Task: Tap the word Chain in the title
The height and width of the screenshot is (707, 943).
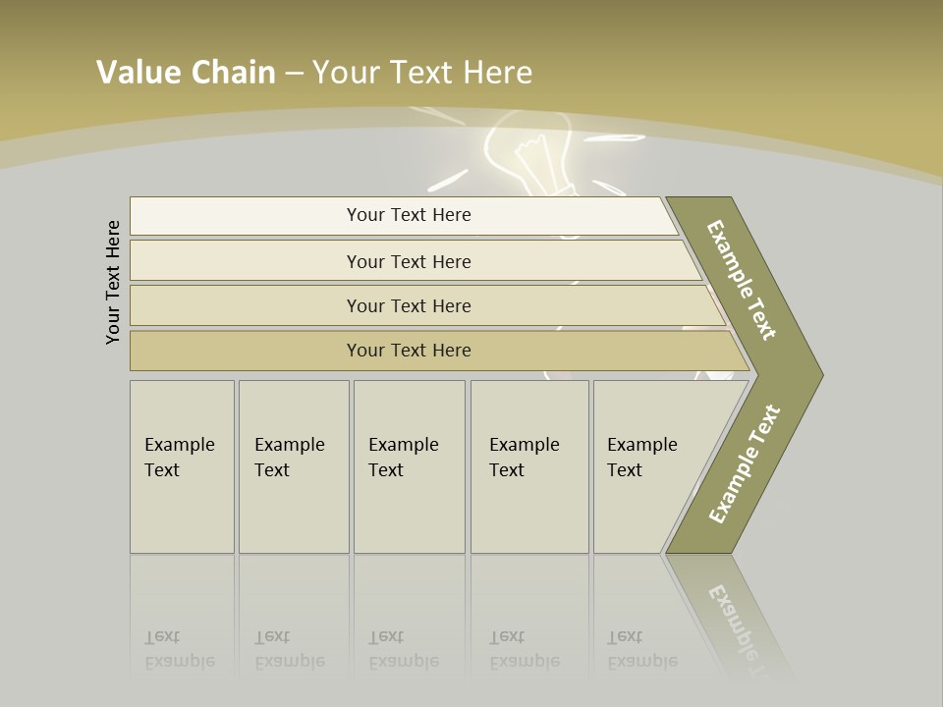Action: (232, 72)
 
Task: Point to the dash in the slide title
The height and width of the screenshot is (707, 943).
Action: (294, 74)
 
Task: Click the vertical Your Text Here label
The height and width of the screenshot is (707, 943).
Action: (113, 282)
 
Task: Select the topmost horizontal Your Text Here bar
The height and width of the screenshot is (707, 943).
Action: (408, 215)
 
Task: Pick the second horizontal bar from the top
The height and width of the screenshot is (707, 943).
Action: (408, 261)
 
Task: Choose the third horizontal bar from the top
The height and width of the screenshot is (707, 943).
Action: (408, 305)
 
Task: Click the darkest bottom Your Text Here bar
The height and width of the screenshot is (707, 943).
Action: (408, 351)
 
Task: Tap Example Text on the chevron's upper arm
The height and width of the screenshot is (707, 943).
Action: (742, 281)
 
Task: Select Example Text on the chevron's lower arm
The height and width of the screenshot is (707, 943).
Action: (744, 464)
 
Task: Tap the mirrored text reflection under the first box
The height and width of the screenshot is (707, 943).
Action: (180, 649)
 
